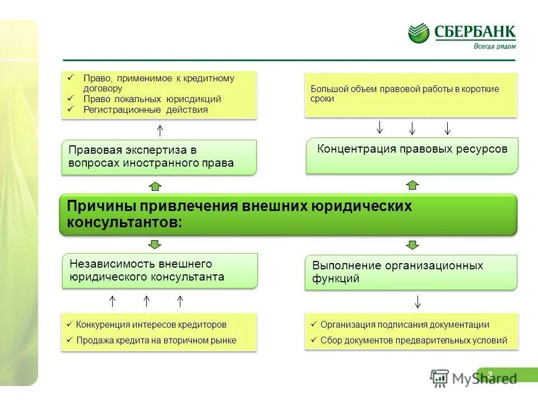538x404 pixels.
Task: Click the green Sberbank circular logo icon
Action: [x=419, y=33]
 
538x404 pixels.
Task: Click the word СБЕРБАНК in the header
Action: [x=475, y=32]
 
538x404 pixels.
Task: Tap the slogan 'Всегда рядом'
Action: [x=495, y=47]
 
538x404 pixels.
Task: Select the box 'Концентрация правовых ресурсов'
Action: [x=412, y=155]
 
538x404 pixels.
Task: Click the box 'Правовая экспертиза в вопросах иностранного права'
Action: [x=159, y=157]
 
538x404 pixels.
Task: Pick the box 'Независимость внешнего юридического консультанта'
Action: [x=160, y=270]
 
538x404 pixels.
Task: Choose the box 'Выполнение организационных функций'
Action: [x=412, y=272]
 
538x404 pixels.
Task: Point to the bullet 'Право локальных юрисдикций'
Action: [x=152, y=99]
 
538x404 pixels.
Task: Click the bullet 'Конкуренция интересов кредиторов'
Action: [x=151, y=325]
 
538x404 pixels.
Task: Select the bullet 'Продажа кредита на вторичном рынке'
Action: [x=156, y=340]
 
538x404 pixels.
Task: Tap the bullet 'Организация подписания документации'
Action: [x=405, y=325]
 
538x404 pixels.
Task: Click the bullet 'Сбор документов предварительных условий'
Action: [x=414, y=340]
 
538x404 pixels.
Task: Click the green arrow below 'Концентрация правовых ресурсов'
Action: [x=412, y=185]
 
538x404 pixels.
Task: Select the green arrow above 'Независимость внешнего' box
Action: [x=155, y=244]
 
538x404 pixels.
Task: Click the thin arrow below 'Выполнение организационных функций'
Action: [x=418, y=301]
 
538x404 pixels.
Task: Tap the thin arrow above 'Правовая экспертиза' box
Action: [x=160, y=131]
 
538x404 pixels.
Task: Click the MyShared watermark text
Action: [x=484, y=379]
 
